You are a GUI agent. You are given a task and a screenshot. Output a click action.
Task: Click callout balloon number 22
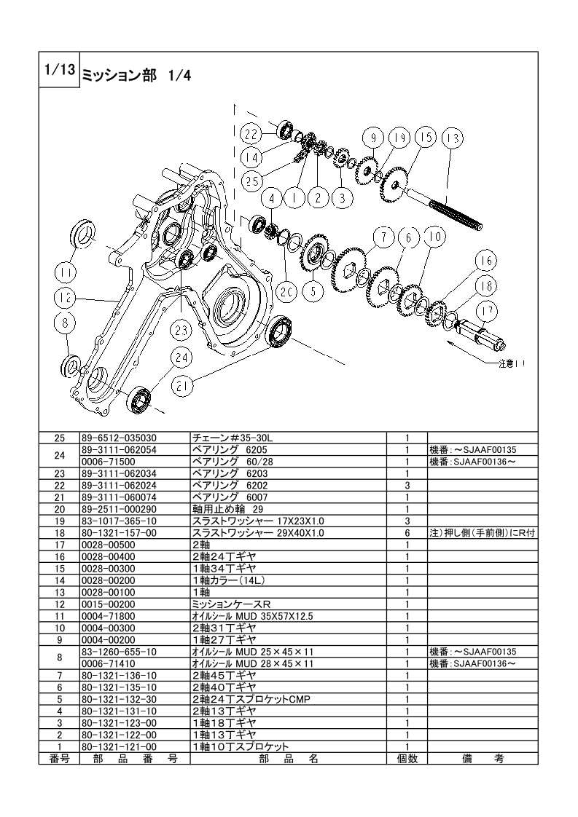[251, 135]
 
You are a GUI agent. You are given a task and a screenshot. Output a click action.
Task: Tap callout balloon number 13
[453, 138]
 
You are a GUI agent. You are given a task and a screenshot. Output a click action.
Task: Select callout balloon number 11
[66, 272]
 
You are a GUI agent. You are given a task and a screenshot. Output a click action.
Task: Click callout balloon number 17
[487, 312]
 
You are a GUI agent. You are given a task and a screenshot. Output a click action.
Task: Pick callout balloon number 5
[313, 291]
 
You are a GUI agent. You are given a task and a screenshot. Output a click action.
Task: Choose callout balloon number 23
[181, 331]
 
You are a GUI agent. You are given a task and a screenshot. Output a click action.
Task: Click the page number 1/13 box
[60, 70]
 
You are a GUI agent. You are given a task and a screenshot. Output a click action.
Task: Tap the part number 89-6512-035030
[119, 438]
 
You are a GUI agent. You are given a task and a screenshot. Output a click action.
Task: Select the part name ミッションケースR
[232, 604]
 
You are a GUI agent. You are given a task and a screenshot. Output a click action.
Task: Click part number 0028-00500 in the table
[109, 545]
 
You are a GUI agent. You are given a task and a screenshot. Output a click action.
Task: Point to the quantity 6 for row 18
[407, 533]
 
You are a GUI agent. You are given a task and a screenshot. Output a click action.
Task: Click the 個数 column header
[407, 759]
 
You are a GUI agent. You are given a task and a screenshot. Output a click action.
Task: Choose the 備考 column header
[483, 759]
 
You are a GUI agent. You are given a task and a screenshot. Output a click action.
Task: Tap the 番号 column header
[60, 759]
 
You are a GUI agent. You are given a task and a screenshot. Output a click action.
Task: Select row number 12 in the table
[60, 604]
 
